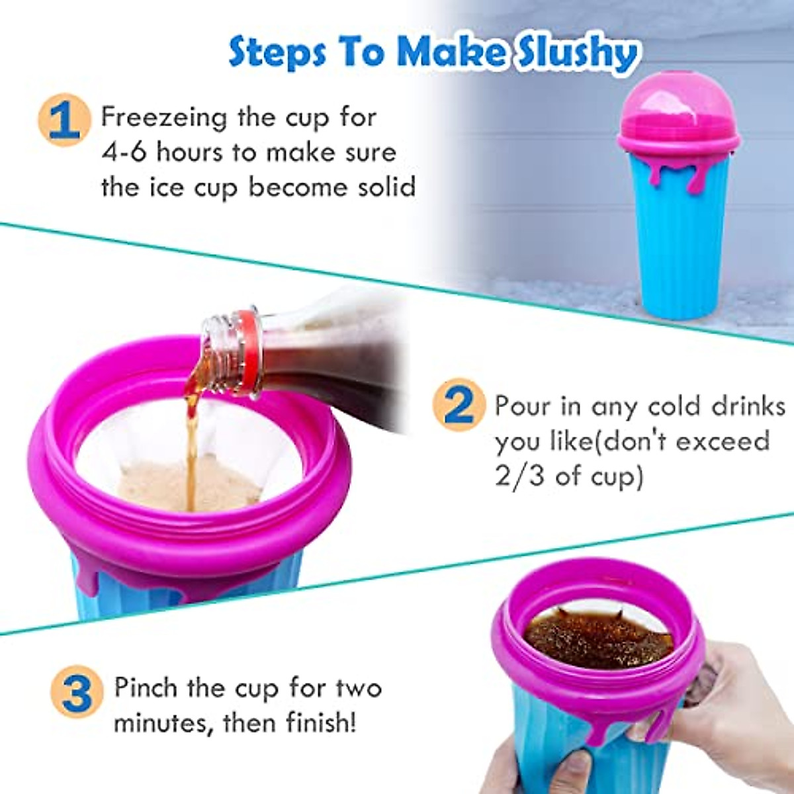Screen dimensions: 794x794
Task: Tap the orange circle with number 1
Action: (x=64, y=120)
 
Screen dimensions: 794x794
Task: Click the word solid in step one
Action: (x=386, y=187)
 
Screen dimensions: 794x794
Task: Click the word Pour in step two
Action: (x=523, y=405)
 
